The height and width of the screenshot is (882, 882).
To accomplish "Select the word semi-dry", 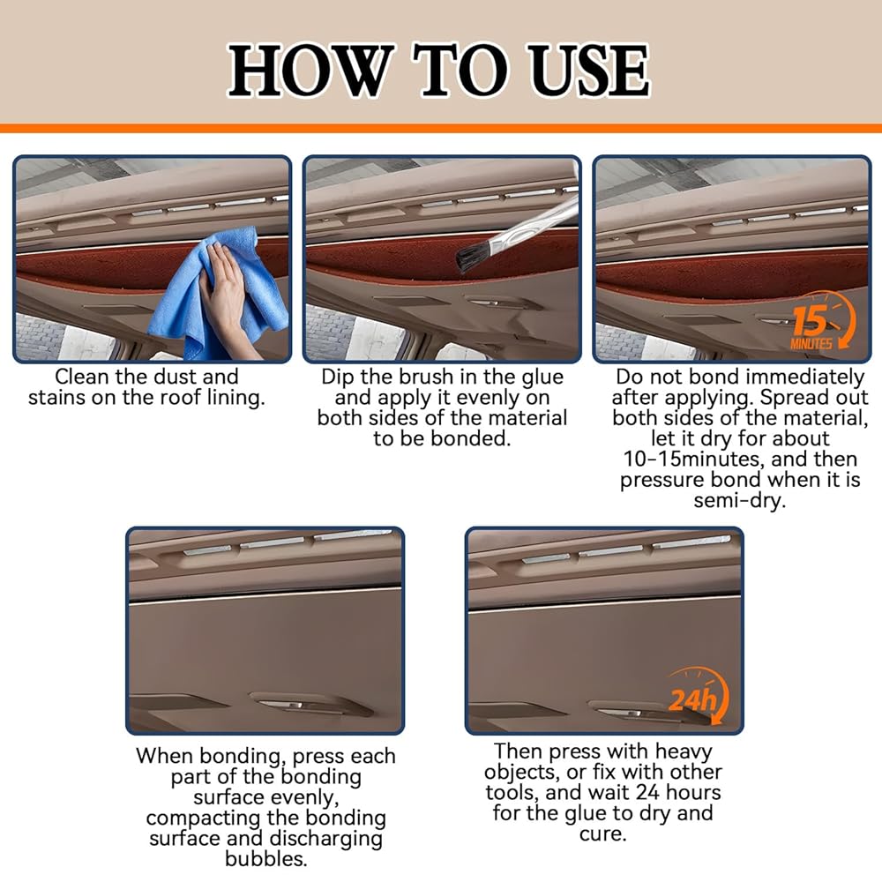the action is (x=739, y=501).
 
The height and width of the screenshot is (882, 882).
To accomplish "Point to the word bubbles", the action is (x=266, y=859).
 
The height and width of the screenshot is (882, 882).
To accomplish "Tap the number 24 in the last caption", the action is (x=647, y=792).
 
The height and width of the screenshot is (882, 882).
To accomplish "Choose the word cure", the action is (x=602, y=833).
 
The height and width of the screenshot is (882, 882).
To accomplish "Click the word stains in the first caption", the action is (x=56, y=398).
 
